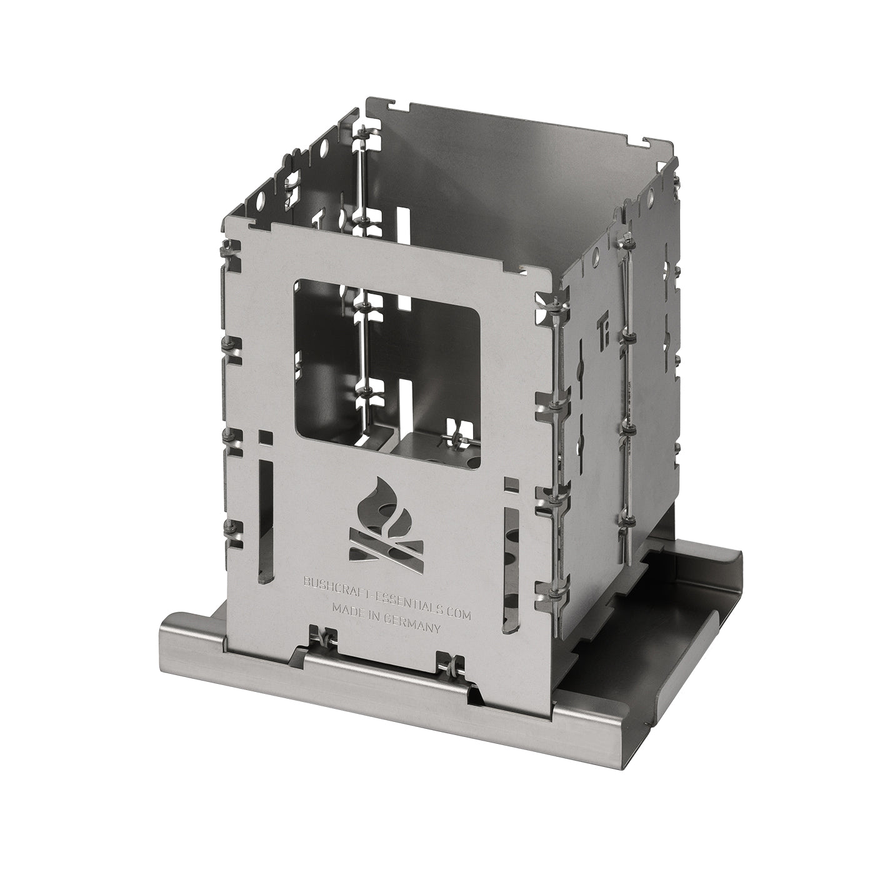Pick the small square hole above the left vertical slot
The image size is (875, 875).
267,437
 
